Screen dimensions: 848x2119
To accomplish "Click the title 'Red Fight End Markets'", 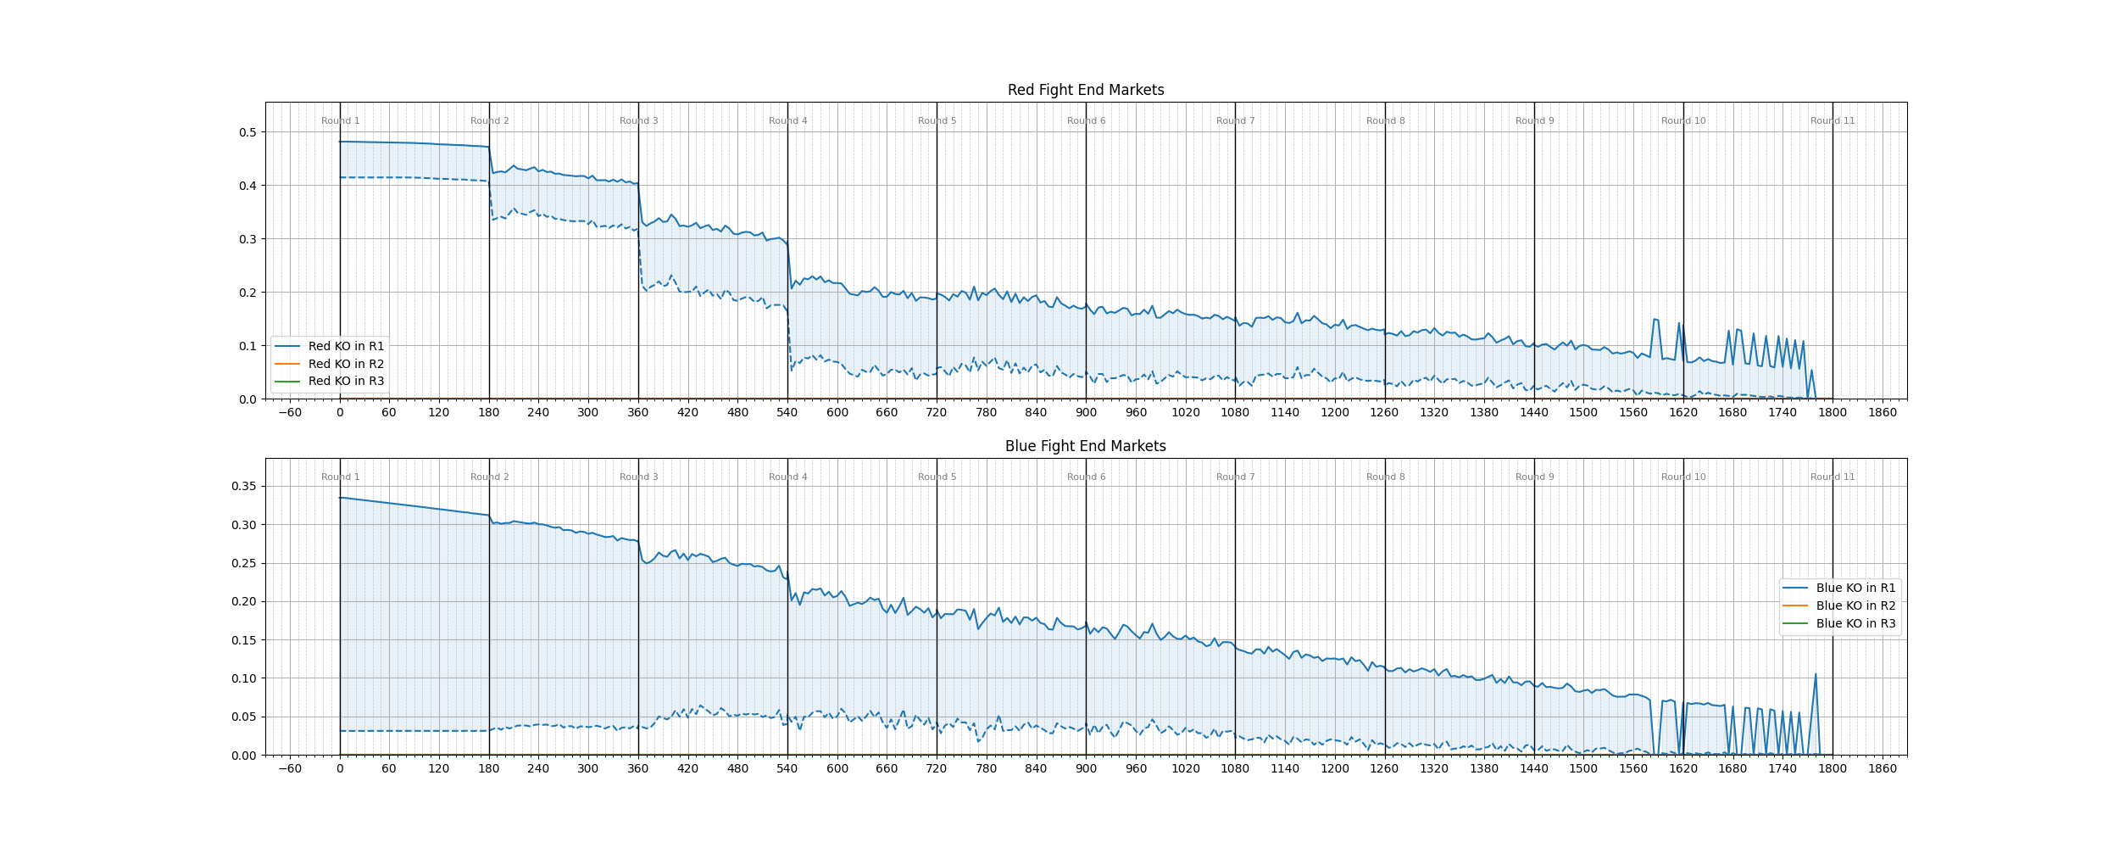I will click(x=1085, y=90).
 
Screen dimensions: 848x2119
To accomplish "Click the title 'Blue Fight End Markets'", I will click(x=1085, y=446).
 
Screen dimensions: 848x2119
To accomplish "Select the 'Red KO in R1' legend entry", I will click(x=346, y=346).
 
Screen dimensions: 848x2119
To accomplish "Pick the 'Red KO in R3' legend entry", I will click(x=346, y=381).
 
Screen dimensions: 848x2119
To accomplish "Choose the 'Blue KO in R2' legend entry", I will click(x=1855, y=605).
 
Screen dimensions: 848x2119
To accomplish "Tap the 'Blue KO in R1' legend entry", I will click(x=1855, y=588).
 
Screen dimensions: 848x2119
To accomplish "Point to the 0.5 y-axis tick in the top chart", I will click(x=247, y=132).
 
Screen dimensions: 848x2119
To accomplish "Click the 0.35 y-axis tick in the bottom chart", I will click(x=244, y=486).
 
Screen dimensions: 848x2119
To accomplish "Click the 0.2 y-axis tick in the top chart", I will click(x=247, y=293).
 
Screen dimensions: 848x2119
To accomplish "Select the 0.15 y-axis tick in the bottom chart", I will click(x=244, y=640).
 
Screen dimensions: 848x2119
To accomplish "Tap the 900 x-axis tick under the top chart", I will click(x=1086, y=412).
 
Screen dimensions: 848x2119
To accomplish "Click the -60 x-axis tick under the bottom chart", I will click(x=290, y=768).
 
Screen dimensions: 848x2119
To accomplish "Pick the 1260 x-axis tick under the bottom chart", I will click(x=1384, y=768).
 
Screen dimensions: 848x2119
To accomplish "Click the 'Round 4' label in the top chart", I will click(x=788, y=120).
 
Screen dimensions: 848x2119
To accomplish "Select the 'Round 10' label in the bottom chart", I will click(x=1683, y=477).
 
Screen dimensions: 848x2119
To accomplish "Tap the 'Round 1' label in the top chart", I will click(x=341, y=120).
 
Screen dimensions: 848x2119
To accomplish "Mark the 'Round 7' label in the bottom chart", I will click(x=1236, y=477).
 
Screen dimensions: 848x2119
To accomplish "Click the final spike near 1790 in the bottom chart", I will click(x=1816, y=676).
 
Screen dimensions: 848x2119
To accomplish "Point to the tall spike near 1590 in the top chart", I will click(x=1655, y=320).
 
